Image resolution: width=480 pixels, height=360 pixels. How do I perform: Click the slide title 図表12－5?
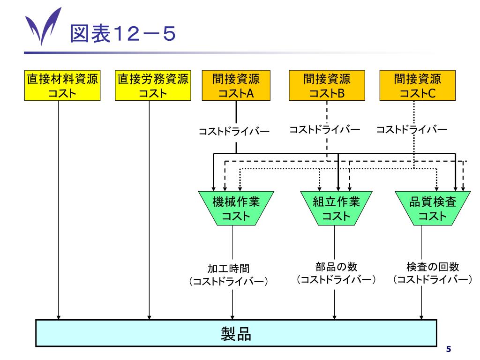[x=123, y=34]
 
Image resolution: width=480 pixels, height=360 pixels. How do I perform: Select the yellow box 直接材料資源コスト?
[x=62, y=86]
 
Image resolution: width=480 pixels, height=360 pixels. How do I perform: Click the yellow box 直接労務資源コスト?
[x=153, y=86]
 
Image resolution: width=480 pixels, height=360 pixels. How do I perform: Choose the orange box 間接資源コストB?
[x=327, y=86]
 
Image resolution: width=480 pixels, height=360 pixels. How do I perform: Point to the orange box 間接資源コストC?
[x=417, y=86]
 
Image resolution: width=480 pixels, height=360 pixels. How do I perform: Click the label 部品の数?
[x=336, y=267]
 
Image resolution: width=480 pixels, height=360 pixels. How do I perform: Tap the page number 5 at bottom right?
[x=449, y=349]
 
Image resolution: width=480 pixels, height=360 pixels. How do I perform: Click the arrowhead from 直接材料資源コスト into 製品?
[x=59, y=316]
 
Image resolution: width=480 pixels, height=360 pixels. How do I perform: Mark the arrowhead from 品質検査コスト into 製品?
[x=421, y=316]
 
